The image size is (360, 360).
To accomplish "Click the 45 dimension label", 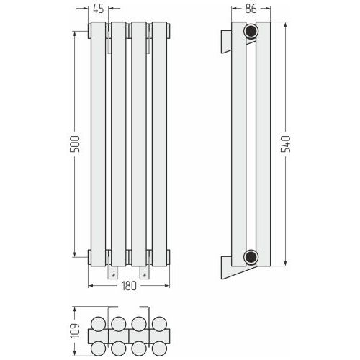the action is pos(99,9).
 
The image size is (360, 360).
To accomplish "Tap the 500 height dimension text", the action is pos(75,144).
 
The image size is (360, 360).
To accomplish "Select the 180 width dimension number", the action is pos(129,286).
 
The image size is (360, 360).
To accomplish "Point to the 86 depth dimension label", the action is pos(251,9).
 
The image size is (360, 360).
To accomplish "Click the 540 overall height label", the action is pos(286,144).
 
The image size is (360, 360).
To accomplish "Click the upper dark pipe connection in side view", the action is pos(251,31).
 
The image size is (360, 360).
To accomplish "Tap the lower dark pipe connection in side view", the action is pos(251,257).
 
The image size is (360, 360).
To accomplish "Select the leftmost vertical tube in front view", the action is pos(98,144).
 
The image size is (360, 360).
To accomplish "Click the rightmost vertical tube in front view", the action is pos(160,144).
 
